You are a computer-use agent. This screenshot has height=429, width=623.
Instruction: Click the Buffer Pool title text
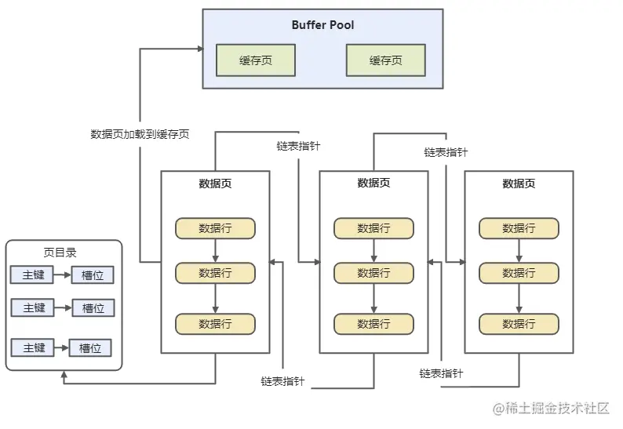tap(322, 25)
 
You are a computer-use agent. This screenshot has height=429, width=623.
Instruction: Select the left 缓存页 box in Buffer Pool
tap(256, 60)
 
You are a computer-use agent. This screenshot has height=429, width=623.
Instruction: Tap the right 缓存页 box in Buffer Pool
tap(385, 60)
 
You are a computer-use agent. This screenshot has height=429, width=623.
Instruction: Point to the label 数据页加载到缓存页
tap(140, 134)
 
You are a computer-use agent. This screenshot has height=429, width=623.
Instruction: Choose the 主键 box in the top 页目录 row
tap(33, 275)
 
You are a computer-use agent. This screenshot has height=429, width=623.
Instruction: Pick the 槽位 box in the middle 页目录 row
tap(93, 307)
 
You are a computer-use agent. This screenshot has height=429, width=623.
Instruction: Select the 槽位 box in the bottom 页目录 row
tap(90, 347)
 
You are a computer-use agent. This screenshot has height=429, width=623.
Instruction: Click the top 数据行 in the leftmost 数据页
tap(215, 228)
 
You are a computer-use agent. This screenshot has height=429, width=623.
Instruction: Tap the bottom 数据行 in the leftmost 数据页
tap(215, 324)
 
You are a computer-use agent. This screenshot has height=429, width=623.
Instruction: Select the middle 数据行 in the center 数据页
tap(373, 273)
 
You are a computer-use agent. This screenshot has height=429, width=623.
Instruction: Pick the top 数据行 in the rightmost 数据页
tap(519, 228)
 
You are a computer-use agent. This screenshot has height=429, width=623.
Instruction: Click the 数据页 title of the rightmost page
tap(519, 184)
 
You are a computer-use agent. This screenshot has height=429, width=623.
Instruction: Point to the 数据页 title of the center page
tap(373, 184)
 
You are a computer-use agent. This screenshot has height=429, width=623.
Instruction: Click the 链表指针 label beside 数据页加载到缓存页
tap(298, 147)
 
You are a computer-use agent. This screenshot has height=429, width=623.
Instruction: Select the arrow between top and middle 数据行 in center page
tap(373, 250)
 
